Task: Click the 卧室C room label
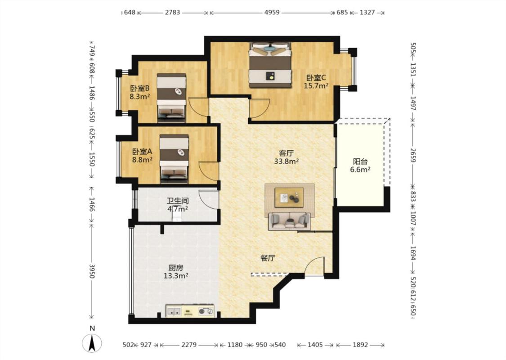coord(316,78)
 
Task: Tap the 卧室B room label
coord(140,88)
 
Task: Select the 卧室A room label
coord(142,152)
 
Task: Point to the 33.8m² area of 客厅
coord(286,161)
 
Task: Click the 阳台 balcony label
coord(360,162)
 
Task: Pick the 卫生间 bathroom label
coord(178,201)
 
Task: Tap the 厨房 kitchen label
coord(176,268)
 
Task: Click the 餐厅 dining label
coord(268,258)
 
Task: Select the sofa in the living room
coord(289,221)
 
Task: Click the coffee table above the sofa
coord(289,197)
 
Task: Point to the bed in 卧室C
coord(270,65)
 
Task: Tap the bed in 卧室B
coord(171,98)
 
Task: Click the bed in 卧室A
coord(174,159)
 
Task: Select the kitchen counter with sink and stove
coord(190,311)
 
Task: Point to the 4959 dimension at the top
coord(272,13)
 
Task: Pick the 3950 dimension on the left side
coord(92,271)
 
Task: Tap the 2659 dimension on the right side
coord(413,155)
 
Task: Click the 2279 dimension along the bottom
coord(189,345)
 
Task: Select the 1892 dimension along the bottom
coord(360,345)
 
